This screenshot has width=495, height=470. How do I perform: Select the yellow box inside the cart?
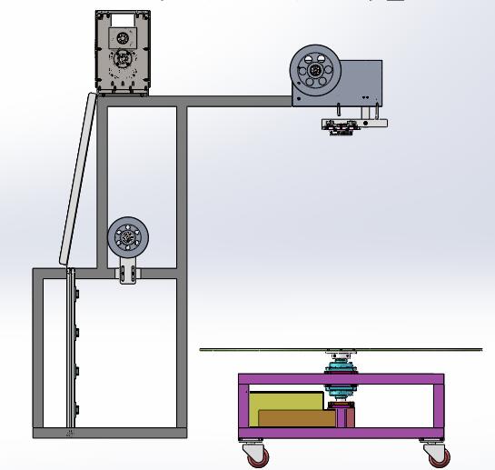pos(286,402)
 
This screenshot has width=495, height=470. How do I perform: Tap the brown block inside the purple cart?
pos(295,418)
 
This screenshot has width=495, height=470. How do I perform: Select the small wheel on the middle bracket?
pos(126,238)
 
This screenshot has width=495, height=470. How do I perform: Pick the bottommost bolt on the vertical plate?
pos(79,406)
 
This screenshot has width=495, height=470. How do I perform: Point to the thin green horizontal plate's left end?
pos(204,349)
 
